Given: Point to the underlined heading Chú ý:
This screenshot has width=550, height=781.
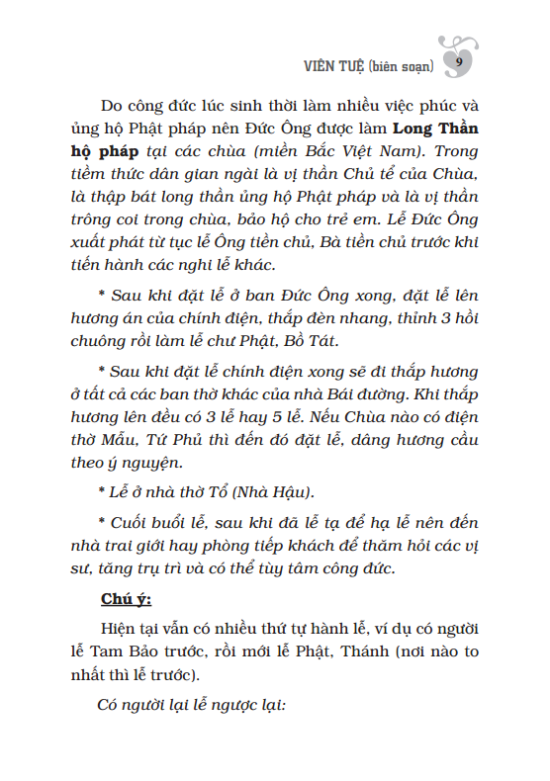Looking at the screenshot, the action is (x=126, y=599).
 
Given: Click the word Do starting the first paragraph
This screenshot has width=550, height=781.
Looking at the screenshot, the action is (x=112, y=104).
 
